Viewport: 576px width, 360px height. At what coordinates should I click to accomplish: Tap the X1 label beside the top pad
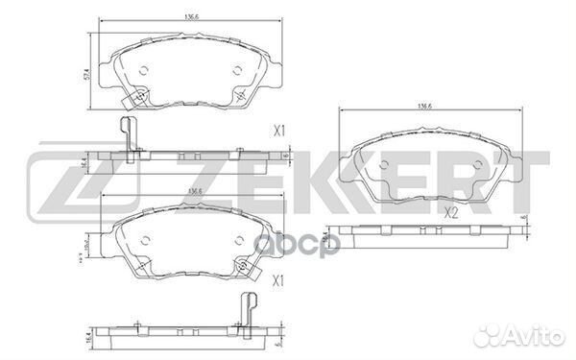[280, 129]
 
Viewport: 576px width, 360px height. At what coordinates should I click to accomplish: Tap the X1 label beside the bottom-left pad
[280, 279]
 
